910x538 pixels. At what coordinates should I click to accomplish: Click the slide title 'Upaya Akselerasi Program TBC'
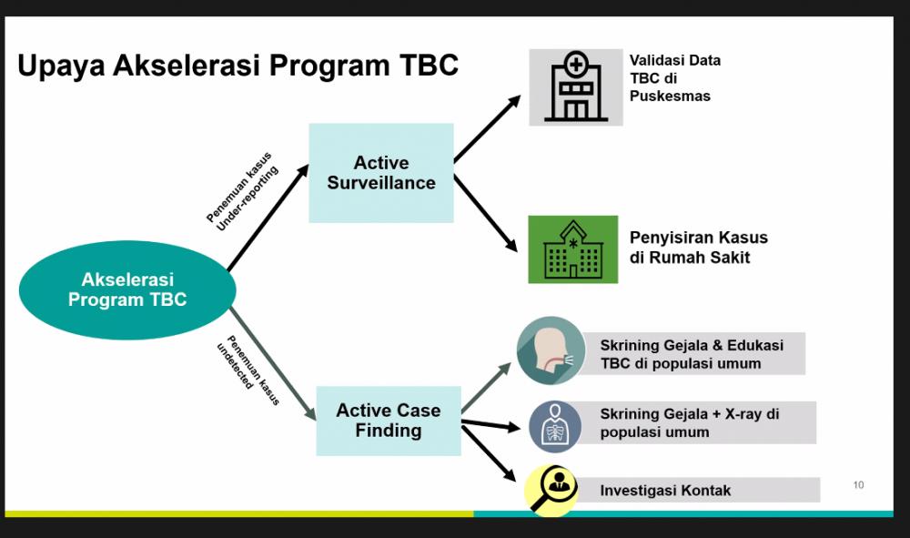(x=238, y=66)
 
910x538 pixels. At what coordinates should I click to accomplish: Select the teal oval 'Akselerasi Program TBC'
(x=127, y=289)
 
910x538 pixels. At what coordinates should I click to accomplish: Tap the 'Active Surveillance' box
(x=380, y=173)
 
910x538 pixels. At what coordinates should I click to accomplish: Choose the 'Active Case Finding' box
(x=389, y=421)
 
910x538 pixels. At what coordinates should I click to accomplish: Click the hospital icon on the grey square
(x=576, y=87)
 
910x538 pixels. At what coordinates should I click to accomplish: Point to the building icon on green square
(x=572, y=249)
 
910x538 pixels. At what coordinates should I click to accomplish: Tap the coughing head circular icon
(x=551, y=350)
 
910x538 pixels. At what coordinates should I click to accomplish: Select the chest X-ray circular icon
(x=555, y=427)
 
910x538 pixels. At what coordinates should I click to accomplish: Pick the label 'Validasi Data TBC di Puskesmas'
(x=675, y=77)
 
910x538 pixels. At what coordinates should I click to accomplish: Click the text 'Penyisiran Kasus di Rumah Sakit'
(x=699, y=248)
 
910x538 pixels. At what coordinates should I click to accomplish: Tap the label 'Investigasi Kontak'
(x=665, y=491)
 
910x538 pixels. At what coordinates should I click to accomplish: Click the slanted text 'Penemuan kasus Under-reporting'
(x=243, y=191)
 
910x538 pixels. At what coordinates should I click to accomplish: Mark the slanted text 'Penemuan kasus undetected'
(x=248, y=370)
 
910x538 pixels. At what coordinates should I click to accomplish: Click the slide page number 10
(x=858, y=484)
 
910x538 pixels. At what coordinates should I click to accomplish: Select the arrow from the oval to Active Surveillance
(x=268, y=218)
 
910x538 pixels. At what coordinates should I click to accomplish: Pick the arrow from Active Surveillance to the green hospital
(x=485, y=213)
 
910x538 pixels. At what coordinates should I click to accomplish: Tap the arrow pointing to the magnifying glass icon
(x=489, y=453)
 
